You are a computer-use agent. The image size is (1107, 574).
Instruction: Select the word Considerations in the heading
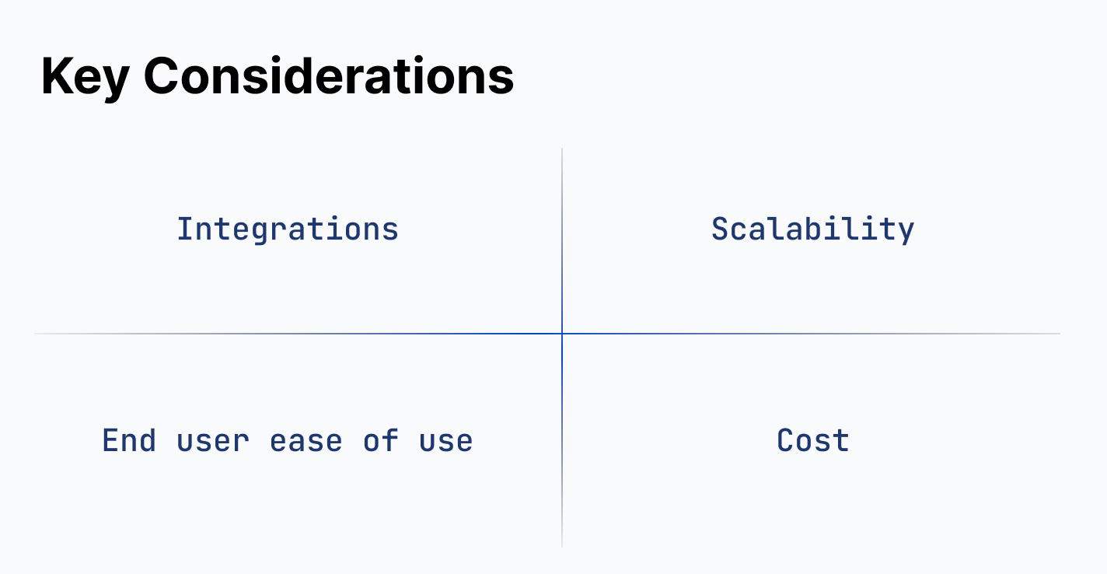click(x=329, y=77)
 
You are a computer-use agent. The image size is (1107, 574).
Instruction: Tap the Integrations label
click(x=288, y=229)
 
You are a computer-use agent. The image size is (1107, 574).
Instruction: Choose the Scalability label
click(x=812, y=229)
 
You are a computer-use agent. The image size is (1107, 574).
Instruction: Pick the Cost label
click(x=812, y=441)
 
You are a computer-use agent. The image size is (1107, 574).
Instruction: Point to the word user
click(x=213, y=441)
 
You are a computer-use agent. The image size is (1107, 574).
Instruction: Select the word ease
click(x=306, y=441)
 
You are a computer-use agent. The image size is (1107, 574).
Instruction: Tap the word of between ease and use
click(x=381, y=441)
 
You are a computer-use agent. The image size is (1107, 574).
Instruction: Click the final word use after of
click(x=446, y=441)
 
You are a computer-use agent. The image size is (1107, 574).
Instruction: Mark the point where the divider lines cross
click(x=562, y=334)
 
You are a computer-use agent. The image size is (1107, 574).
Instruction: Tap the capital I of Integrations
click(x=185, y=229)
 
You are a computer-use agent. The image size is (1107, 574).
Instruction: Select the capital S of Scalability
click(x=720, y=229)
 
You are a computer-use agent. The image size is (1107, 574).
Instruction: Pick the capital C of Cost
click(x=785, y=441)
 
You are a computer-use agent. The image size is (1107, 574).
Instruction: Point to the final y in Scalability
click(x=906, y=231)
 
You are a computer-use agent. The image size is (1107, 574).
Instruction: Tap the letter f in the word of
click(x=391, y=441)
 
